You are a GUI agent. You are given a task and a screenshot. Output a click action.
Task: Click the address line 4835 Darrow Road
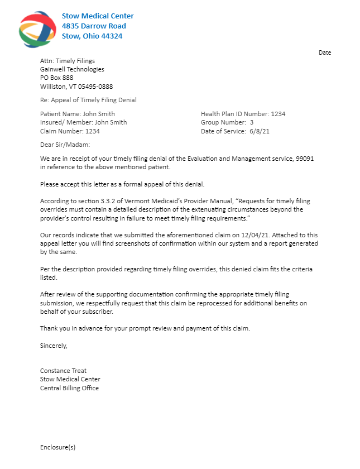click(94, 26)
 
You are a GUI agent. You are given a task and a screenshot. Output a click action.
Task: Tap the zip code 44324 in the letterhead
click(111, 36)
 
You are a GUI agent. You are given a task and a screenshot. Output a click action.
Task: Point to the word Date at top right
click(325, 52)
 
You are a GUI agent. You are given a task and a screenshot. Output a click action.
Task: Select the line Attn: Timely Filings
click(68, 61)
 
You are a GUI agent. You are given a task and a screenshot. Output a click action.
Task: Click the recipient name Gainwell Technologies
click(72, 69)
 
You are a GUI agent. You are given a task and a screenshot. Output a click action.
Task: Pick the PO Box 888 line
click(56, 78)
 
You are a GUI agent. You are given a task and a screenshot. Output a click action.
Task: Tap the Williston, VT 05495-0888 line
click(76, 87)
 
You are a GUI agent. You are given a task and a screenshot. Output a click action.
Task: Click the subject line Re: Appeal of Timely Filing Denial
click(88, 100)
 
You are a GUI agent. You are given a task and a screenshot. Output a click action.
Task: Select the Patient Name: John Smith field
click(78, 114)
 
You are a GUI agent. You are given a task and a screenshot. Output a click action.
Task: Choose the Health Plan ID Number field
click(243, 114)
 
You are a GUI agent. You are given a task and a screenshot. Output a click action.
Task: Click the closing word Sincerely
click(54, 346)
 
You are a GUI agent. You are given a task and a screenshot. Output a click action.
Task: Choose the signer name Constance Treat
click(63, 371)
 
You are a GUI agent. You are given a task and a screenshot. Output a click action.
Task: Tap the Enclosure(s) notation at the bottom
click(57, 447)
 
